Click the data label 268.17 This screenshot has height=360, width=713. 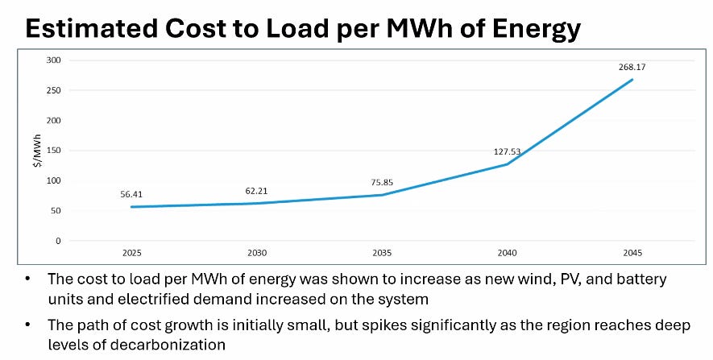click(632, 67)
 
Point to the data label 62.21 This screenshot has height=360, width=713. click(257, 191)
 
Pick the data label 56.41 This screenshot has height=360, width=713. click(132, 194)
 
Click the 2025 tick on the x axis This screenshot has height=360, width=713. click(132, 252)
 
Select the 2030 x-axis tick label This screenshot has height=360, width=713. click(257, 252)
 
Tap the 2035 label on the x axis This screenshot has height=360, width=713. click(382, 252)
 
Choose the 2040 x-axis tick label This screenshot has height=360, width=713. click(507, 252)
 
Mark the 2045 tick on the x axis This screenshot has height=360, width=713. click(632, 252)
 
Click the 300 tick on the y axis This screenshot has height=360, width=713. click(54, 60)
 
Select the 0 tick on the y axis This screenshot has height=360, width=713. click(58, 241)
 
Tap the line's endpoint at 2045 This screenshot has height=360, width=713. click(632, 79)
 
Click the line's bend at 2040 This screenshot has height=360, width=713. click(507, 164)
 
